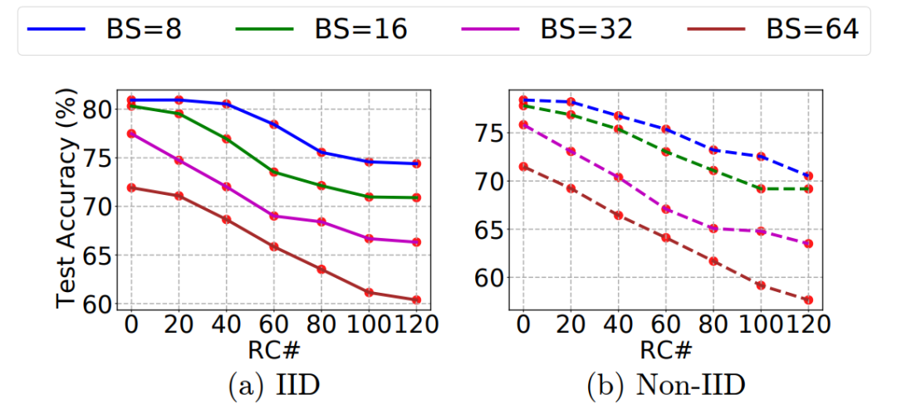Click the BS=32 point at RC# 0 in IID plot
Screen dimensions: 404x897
coord(131,134)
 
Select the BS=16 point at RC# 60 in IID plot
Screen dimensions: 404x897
coord(273,172)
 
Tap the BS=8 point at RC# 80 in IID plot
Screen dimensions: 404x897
coord(321,152)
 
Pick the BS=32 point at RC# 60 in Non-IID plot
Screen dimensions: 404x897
coord(664,209)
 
